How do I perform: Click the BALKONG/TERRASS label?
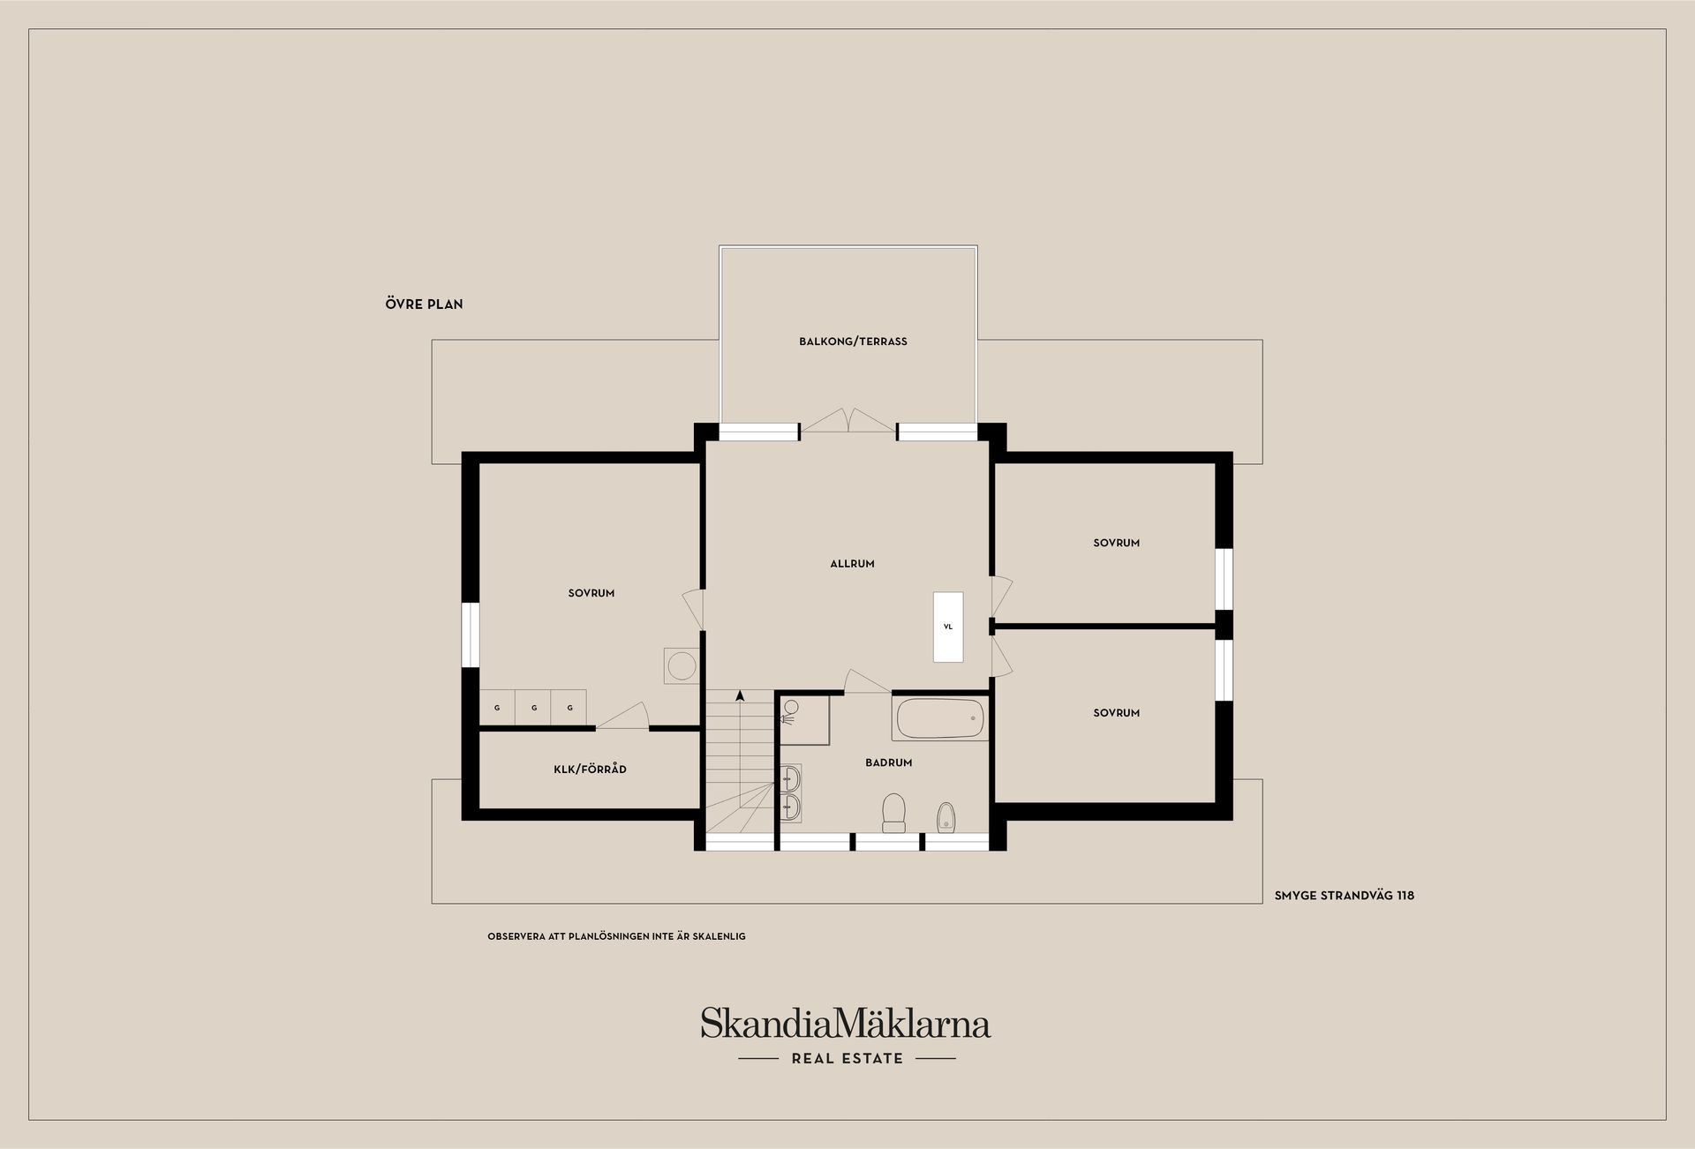coord(853,342)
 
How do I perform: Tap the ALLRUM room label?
coord(852,564)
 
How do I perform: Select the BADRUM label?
coord(888,762)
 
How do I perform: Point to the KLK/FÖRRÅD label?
coord(590,770)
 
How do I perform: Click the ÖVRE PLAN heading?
coord(424,304)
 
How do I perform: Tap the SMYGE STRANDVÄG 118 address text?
coord(1344,896)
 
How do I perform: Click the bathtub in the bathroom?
coord(940,718)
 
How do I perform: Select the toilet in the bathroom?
coord(894,812)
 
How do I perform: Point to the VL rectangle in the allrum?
coord(948,627)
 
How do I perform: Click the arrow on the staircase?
coord(740,696)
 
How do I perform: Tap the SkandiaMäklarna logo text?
coord(846,1025)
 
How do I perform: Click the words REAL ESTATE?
coord(847,1059)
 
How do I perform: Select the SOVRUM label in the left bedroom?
coord(591,594)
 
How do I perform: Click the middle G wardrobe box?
coord(533,708)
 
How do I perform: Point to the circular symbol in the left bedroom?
coord(682,665)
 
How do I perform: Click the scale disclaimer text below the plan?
coord(616,936)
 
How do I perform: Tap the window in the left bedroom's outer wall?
coord(471,635)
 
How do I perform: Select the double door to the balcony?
coord(848,421)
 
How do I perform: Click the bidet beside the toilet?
coord(945,816)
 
